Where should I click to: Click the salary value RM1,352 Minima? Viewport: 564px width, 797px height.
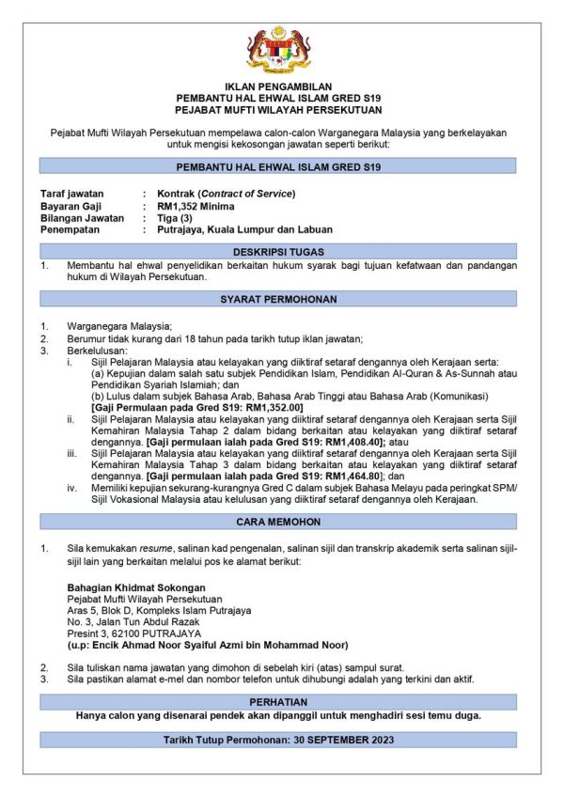pos(196,206)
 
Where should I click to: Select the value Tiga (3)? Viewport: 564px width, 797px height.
pos(176,217)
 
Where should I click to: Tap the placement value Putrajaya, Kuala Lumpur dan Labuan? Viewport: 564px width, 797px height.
pos(244,229)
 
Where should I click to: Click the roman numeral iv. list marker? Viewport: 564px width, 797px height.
pos(71,489)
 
